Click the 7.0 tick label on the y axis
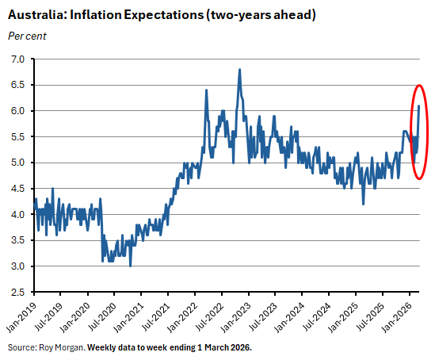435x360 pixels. (17, 59)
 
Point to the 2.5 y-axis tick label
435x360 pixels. (17, 293)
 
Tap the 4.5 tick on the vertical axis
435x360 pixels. (17, 189)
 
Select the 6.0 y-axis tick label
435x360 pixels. (17, 111)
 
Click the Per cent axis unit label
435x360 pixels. (26, 36)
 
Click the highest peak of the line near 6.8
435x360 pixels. (239, 70)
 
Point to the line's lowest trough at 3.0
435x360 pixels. (130, 266)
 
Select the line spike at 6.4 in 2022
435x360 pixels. (206, 90)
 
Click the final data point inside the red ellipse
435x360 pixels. (418, 105)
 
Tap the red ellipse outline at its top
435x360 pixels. (420, 84)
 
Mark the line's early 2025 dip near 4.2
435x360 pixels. (363, 204)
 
